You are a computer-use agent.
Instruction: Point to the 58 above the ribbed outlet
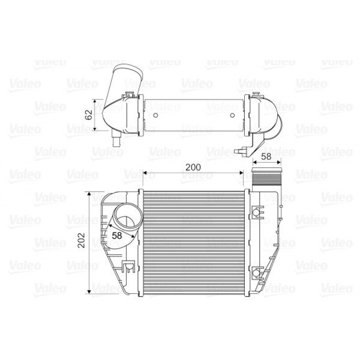pyautogui.click(x=266, y=156)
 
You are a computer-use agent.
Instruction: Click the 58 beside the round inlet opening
pyautogui.click(x=117, y=235)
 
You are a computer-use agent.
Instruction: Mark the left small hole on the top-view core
pyautogui.click(x=156, y=116)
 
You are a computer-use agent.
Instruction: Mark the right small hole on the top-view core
pyautogui.click(x=232, y=116)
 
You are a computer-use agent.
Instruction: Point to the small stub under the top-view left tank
pyautogui.click(x=116, y=141)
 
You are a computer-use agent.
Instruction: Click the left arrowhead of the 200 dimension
pyautogui.click(x=145, y=173)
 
